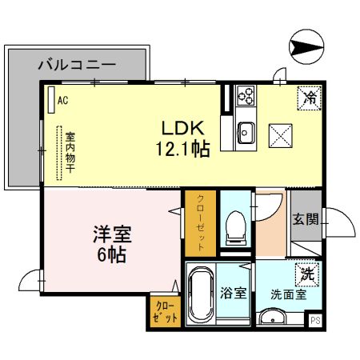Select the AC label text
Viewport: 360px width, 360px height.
tap(62, 101)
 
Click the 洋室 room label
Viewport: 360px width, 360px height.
tap(111, 237)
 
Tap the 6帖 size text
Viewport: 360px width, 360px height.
tap(111, 257)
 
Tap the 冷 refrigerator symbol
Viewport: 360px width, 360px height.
tap(309, 99)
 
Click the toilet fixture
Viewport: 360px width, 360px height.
tap(235, 227)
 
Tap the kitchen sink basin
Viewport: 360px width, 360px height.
tap(245, 133)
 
